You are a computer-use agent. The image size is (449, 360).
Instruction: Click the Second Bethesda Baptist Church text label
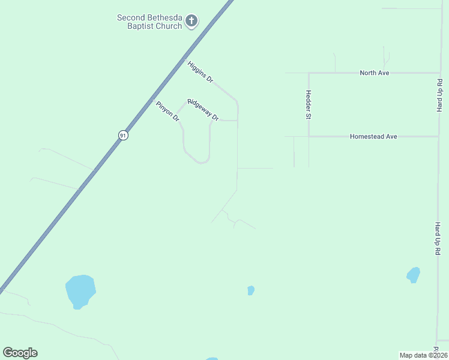(149, 22)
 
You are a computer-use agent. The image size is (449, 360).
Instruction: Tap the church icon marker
(191, 22)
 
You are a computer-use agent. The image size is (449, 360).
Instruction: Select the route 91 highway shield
(122, 136)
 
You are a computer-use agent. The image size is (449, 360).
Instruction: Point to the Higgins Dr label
(200, 71)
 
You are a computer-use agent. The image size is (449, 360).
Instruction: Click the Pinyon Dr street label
(168, 111)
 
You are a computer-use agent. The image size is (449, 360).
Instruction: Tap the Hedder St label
(308, 104)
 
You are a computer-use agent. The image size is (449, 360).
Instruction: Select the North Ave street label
(375, 73)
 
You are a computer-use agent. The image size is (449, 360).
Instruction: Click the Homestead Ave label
(373, 137)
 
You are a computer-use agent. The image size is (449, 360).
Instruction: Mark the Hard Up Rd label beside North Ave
(439, 94)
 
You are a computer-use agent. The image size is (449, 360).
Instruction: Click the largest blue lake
(80, 291)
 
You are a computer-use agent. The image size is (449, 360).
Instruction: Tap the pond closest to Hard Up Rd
(413, 275)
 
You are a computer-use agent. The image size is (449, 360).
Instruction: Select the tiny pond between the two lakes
(251, 290)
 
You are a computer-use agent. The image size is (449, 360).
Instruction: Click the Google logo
(20, 353)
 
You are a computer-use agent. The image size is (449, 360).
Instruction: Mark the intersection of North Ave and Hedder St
(309, 73)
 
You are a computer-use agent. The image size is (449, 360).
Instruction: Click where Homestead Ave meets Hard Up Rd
(438, 137)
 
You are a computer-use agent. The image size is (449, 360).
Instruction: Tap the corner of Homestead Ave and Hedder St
(309, 137)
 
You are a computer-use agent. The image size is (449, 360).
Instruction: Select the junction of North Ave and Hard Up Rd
(438, 73)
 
